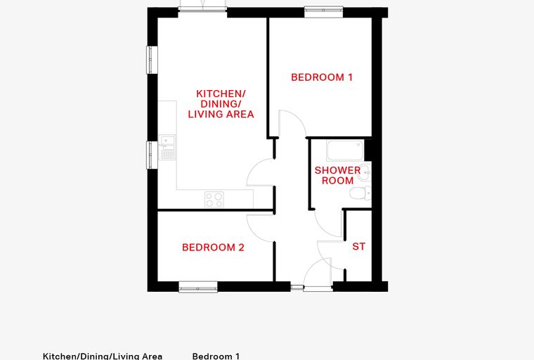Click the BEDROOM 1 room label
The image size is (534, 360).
click(x=322, y=77)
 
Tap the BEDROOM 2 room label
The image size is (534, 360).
click(x=213, y=247)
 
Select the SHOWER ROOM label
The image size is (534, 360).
click(x=337, y=175)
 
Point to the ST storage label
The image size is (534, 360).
click(x=358, y=246)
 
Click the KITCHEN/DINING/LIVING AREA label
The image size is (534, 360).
click(x=221, y=103)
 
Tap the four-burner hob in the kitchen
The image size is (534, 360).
click(x=214, y=200)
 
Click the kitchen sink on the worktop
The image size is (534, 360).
click(x=167, y=147)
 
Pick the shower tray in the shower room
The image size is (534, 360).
click(x=345, y=150)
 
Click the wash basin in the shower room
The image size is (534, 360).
click(x=365, y=172)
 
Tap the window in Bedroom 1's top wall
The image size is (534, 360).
click(x=323, y=12)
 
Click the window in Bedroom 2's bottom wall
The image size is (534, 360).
click(x=198, y=287)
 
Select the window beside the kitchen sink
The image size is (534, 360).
click(x=152, y=155)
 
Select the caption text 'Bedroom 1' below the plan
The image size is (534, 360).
click(x=216, y=356)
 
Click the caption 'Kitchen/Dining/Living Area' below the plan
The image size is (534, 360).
click(x=103, y=356)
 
